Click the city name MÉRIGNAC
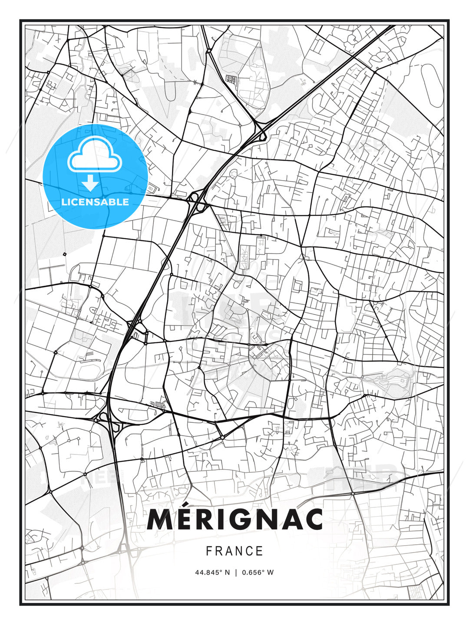pos(235,519)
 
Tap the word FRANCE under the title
pos(234,551)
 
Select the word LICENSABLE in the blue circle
pos(95,202)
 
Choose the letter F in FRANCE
pos(209,551)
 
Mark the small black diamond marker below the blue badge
pos(64,254)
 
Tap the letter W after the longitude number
pos(271,572)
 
